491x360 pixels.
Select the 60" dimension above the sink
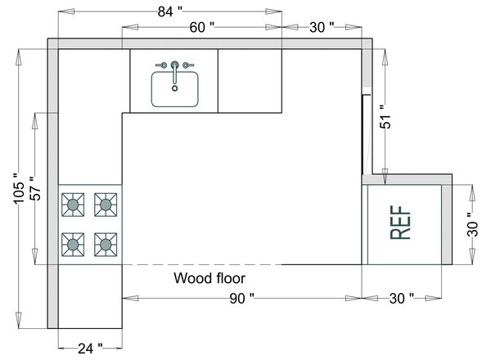201,27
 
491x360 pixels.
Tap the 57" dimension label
34,190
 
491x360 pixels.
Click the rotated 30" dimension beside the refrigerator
471,224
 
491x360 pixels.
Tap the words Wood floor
209,278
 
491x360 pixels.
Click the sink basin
175,90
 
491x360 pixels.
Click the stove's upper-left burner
74,205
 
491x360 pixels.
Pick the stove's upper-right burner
105,205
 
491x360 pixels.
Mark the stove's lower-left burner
74,243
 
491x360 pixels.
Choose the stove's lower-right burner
105,243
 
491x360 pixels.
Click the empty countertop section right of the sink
250,80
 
